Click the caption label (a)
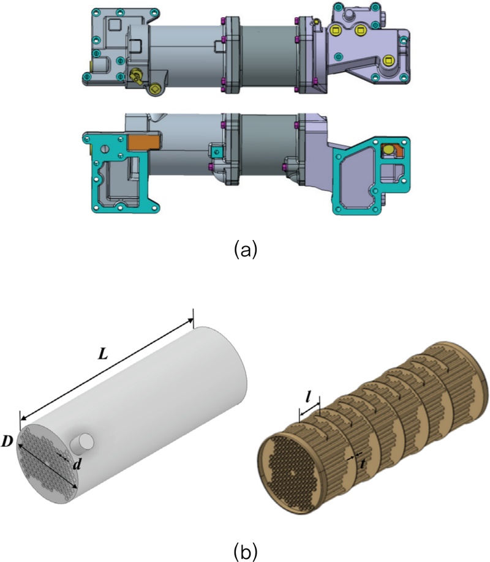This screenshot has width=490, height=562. [245, 250]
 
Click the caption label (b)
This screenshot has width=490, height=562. [245, 549]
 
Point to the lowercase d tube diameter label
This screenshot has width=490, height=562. [76, 465]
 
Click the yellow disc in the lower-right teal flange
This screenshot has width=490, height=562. [388, 150]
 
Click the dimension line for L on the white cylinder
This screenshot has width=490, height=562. [107, 370]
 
